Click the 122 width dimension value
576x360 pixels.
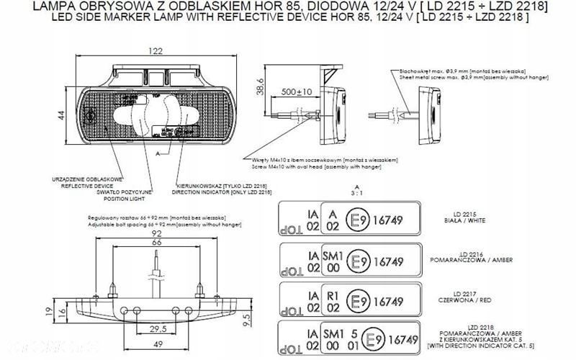point(155,51)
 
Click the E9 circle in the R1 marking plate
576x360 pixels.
point(358,301)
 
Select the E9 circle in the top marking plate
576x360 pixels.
point(358,220)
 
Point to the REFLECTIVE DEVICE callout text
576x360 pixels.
point(90,184)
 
